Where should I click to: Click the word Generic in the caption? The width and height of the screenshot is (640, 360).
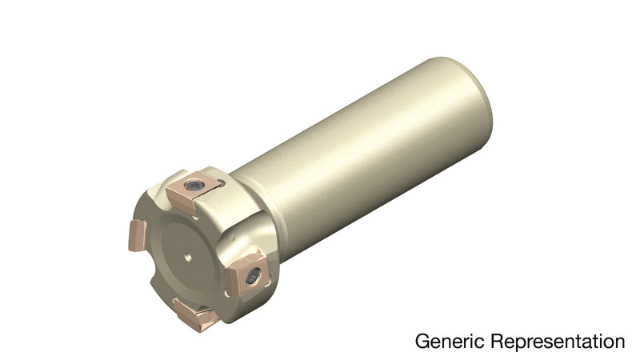(450, 341)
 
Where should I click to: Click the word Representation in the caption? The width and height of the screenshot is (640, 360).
(558, 342)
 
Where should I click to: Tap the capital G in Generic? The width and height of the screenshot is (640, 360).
(422, 342)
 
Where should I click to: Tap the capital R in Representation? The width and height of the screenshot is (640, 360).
(498, 342)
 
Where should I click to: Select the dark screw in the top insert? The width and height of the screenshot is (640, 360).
(194, 186)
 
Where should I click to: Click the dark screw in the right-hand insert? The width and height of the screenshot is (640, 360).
(253, 277)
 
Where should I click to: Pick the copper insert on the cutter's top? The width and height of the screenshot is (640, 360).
(192, 192)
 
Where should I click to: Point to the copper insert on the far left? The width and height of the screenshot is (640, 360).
(138, 235)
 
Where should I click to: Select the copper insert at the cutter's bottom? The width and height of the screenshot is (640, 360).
(196, 315)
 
